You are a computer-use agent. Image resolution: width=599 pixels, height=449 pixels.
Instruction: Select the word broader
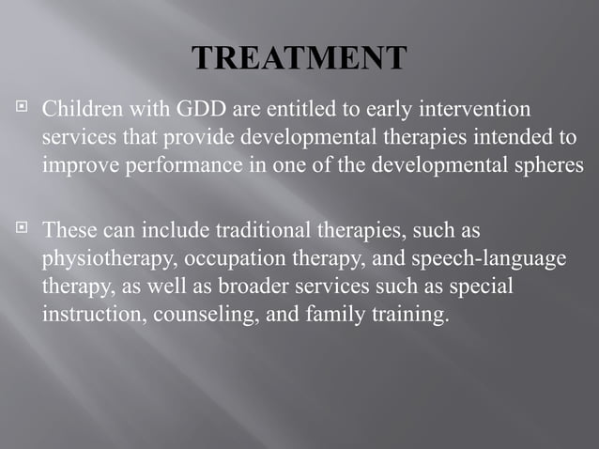251,286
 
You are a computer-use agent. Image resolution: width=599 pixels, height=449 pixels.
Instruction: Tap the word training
410,315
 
